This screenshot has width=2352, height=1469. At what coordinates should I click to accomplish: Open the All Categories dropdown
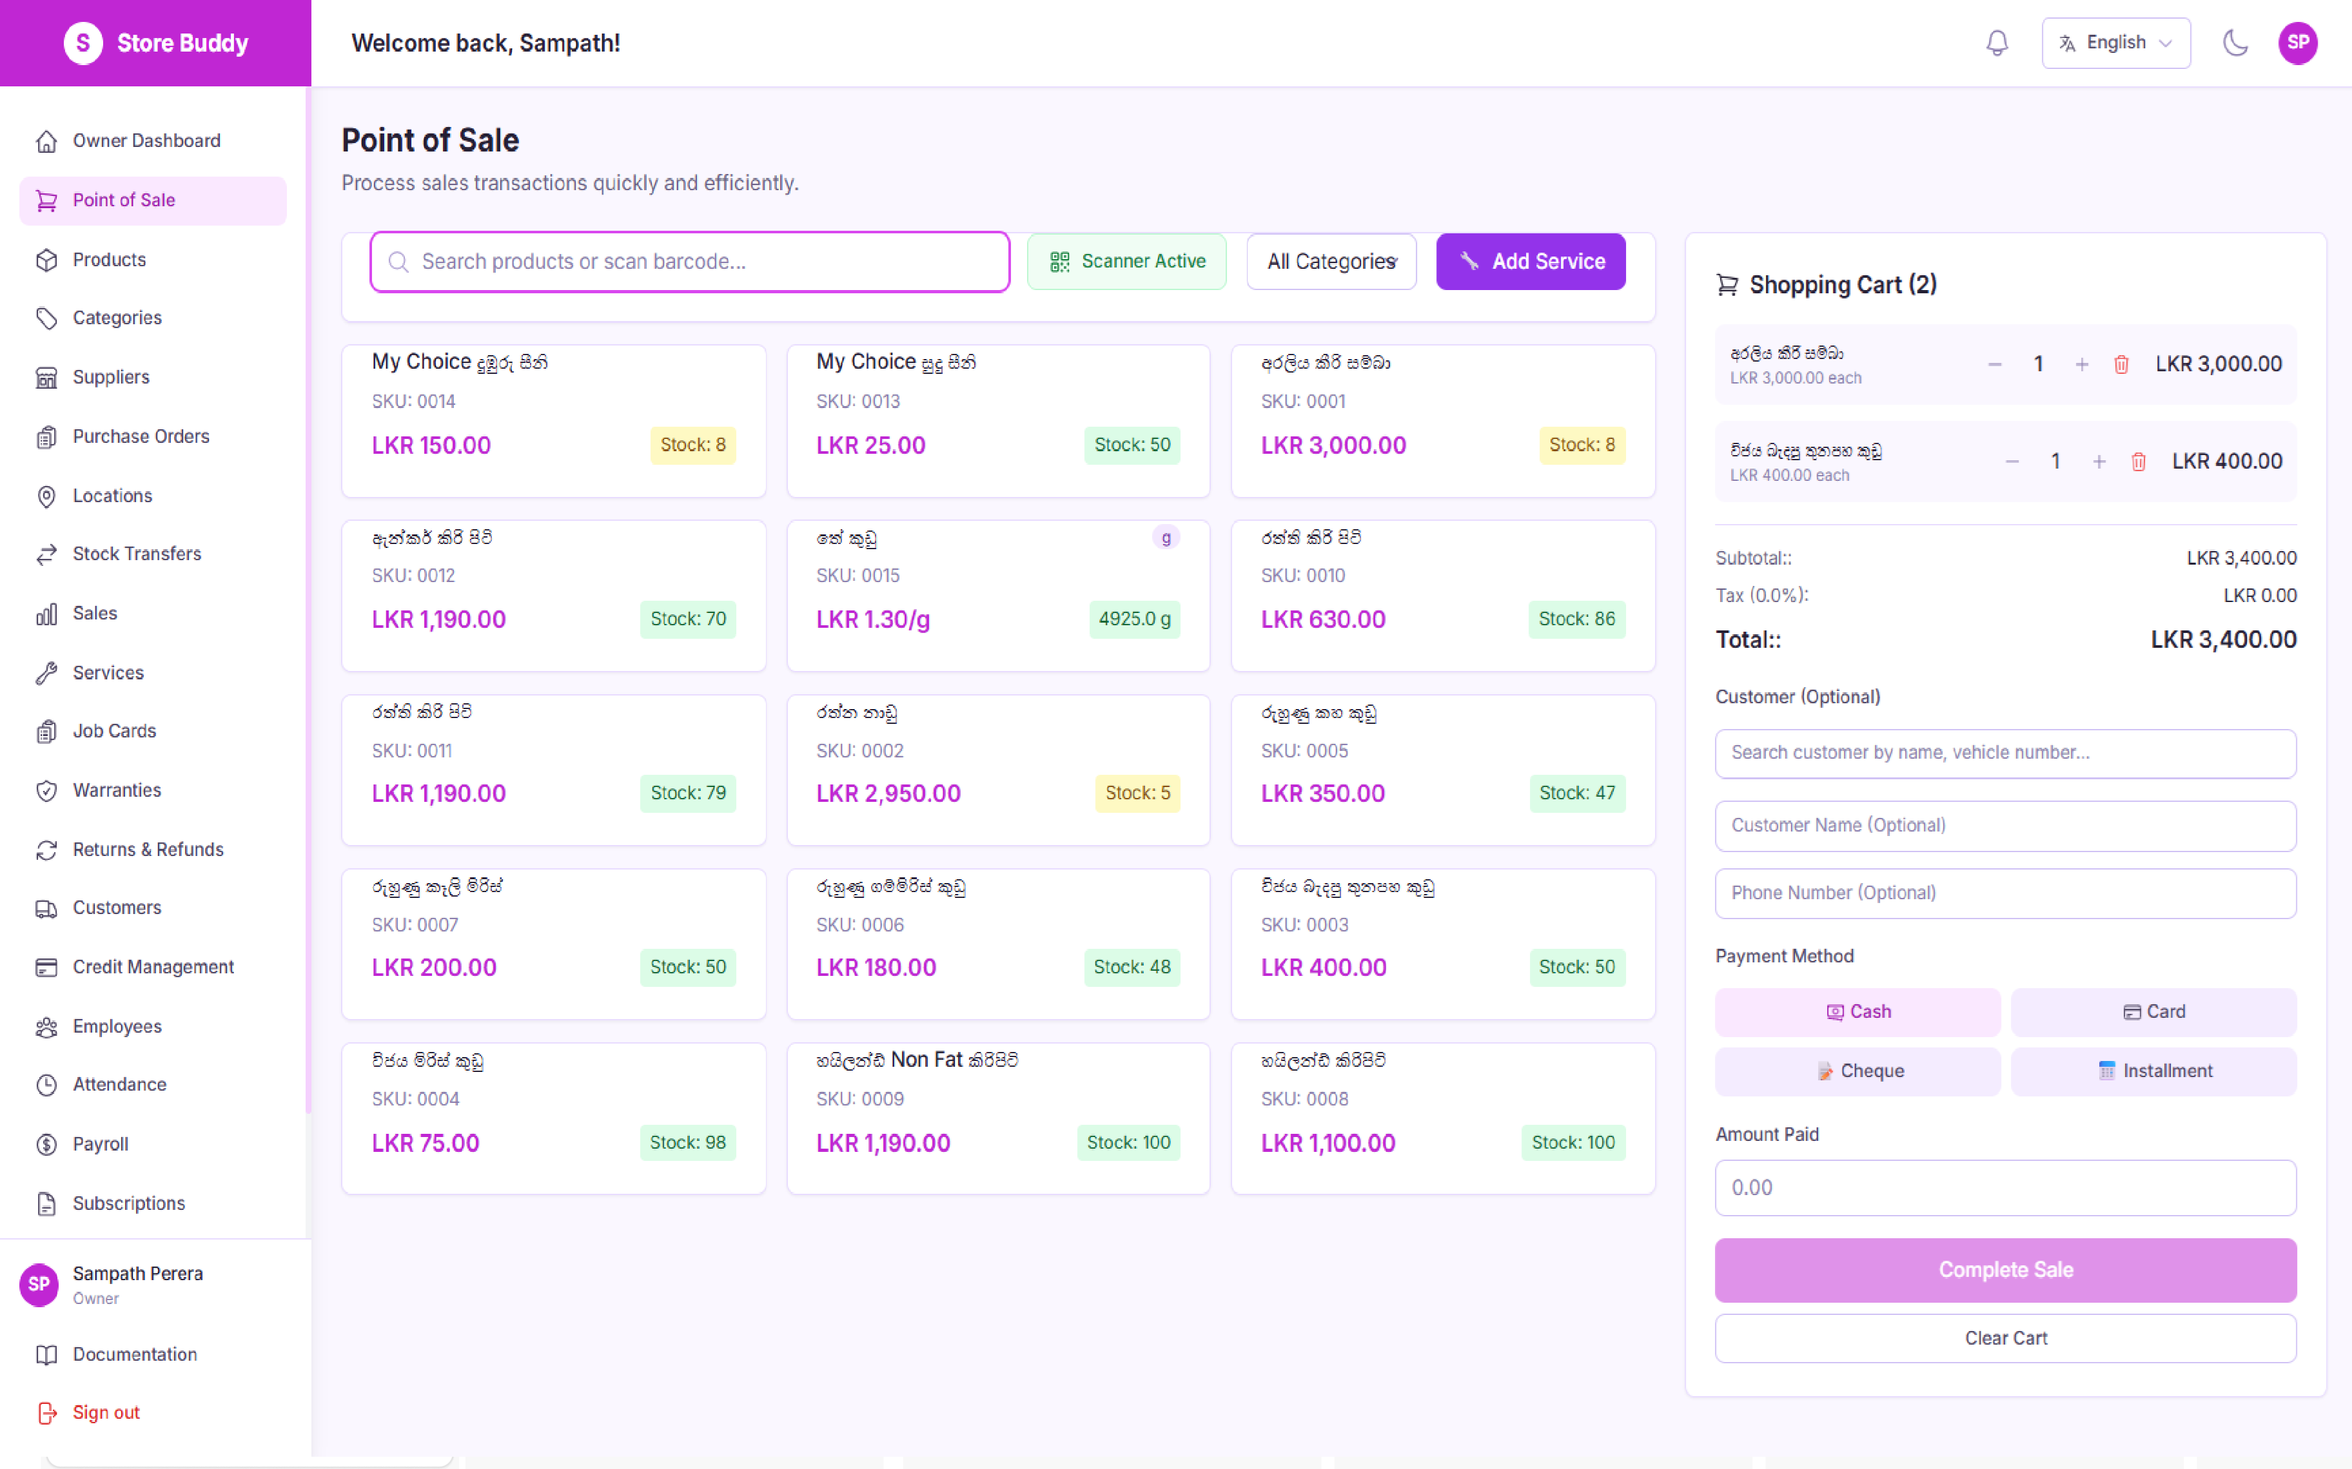[1330, 261]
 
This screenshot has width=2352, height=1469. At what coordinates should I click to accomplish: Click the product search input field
[690, 261]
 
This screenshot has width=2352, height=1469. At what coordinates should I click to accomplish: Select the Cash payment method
[1857, 1011]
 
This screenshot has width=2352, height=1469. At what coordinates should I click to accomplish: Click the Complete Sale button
[2005, 1270]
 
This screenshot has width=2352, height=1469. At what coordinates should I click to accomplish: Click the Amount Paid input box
[2005, 1187]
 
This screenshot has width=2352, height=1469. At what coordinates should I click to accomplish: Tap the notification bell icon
[1997, 43]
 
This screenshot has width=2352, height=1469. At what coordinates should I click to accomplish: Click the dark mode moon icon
[2235, 43]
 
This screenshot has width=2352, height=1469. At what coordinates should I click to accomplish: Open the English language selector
[2115, 43]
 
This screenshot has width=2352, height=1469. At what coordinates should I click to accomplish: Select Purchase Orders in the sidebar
[141, 436]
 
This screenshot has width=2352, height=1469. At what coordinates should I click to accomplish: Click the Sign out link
[106, 1412]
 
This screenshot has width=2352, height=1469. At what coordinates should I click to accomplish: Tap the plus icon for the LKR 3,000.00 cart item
[2081, 364]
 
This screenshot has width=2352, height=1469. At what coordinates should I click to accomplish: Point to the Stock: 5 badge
[1137, 793]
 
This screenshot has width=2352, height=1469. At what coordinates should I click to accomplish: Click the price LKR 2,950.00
[888, 793]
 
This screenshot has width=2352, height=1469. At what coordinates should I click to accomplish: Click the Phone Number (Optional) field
[2005, 893]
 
